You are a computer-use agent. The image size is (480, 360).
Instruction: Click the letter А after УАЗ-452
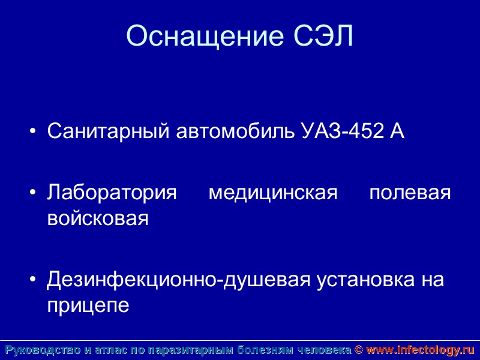[397, 131]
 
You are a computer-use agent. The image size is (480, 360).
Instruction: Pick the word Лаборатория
[112, 194]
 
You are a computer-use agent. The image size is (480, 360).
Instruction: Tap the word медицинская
[272, 194]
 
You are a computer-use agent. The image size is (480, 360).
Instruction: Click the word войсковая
[98, 218]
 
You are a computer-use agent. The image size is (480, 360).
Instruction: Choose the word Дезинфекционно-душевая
[179, 280]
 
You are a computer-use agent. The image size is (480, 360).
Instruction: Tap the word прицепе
[88, 305]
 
